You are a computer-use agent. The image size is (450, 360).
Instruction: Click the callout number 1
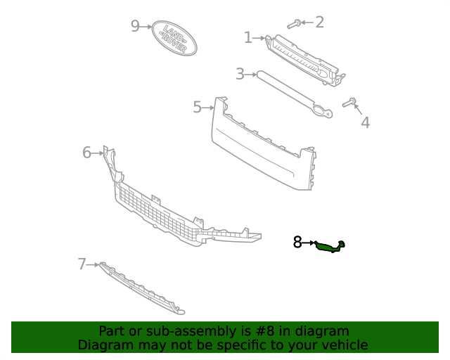[x=247, y=37]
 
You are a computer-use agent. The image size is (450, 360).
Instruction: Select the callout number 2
[x=319, y=22]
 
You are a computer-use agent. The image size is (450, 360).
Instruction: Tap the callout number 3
[x=240, y=73]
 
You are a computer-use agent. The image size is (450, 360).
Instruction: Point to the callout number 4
[x=365, y=123]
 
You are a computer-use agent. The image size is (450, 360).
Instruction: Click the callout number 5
[x=198, y=107]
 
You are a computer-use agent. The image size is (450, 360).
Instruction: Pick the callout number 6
[x=87, y=152]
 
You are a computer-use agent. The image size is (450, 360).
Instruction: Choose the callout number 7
[x=82, y=264]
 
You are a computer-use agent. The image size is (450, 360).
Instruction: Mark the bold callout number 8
[x=297, y=243]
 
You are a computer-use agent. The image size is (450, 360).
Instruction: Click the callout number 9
[x=136, y=26]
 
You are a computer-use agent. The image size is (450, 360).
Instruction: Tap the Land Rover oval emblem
[x=174, y=37]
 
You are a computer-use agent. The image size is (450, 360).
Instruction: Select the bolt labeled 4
[x=350, y=103]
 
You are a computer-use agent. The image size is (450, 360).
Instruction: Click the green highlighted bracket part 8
[x=330, y=245]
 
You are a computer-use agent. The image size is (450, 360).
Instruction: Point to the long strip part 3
[x=288, y=91]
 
